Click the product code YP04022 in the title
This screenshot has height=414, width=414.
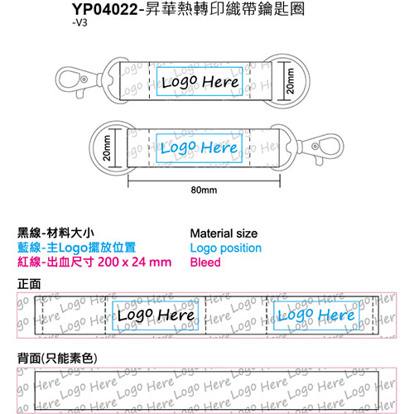[x=105, y=9]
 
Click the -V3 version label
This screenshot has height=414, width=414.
[x=79, y=22]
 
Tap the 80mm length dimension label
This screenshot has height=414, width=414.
[x=204, y=190]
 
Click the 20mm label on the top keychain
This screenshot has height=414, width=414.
[x=291, y=81]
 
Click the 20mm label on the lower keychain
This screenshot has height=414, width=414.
[x=107, y=147]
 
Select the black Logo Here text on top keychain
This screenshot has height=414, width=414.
[x=200, y=82]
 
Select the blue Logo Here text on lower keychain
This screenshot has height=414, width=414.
[x=199, y=147]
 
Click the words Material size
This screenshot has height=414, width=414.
[x=224, y=233]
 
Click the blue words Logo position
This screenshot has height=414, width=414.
[x=226, y=248]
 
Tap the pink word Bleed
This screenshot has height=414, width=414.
[x=205, y=262]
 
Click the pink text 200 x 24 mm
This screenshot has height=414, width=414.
[x=135, y=262]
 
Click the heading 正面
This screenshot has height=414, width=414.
[x=29, y=284]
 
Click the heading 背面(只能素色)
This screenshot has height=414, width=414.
[x=57, y=359]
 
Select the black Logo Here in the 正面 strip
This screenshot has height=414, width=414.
[x=156, y=315]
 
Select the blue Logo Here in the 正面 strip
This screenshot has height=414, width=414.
[x=316, y=315]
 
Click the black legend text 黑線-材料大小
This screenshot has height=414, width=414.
[x=55, y=233]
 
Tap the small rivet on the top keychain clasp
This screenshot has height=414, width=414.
[x=84, y=79]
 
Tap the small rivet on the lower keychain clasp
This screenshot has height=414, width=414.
[x=315, y=147]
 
